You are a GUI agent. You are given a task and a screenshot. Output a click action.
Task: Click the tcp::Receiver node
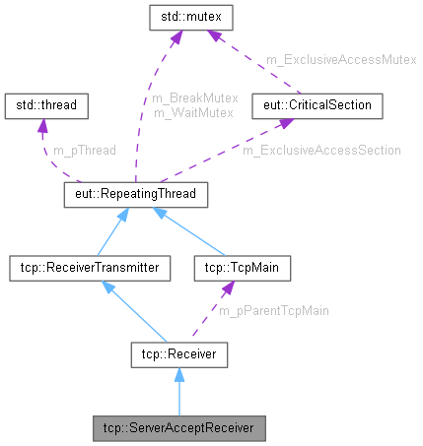179,351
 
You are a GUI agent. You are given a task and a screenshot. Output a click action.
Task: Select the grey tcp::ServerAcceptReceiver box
179,428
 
